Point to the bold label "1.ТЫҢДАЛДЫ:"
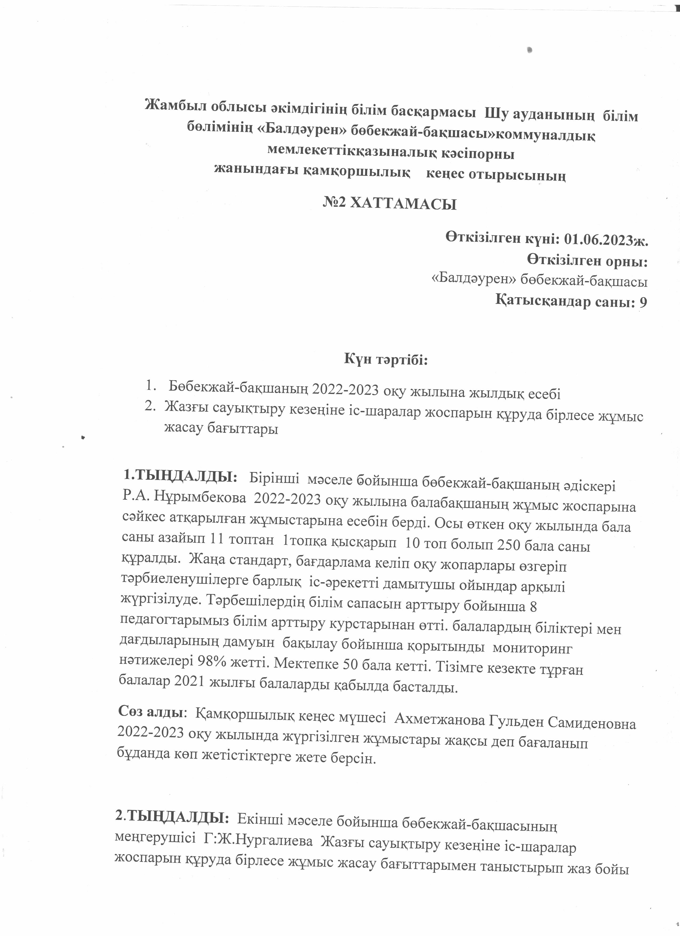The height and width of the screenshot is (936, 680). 181,477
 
